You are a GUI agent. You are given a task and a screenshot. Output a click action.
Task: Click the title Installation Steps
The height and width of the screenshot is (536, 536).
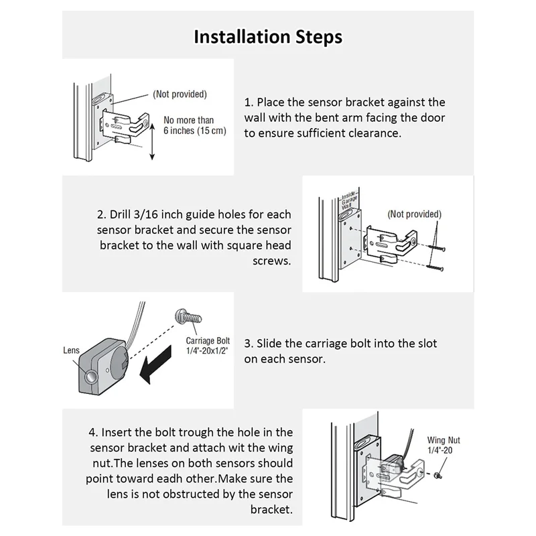click(x=268, y=36)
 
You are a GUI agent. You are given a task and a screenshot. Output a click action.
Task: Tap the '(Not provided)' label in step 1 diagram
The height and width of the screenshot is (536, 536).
click(x=180, y=94)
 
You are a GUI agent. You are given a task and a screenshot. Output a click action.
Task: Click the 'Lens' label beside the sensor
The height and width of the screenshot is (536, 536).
click(x=71, y=350)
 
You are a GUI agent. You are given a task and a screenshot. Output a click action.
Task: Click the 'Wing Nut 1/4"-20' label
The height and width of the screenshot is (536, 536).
click(x=444, y=446)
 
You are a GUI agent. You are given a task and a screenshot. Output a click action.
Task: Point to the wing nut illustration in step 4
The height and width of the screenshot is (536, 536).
click(x=436, y=475)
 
